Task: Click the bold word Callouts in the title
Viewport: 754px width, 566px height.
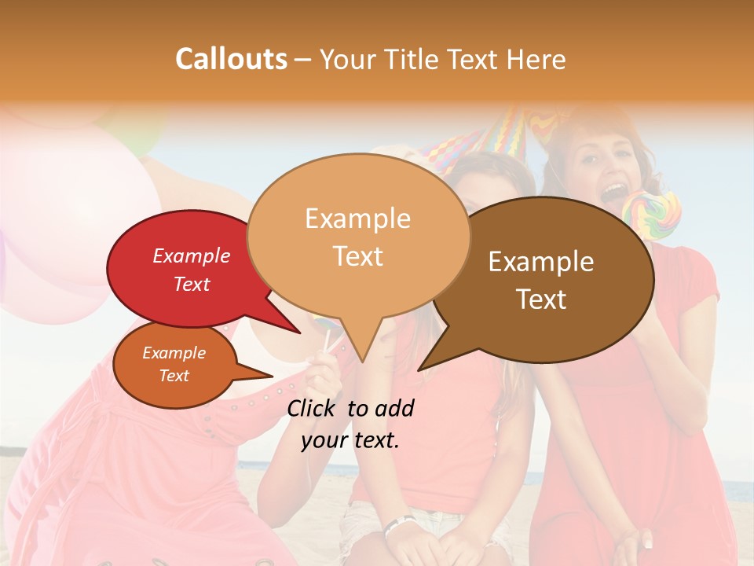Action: pos(231,59)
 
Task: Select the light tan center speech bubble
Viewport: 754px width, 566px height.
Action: pos(358,236)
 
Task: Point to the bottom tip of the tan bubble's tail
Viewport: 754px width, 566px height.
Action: pos(361,362)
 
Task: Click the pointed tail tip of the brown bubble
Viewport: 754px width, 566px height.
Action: pos(419,369)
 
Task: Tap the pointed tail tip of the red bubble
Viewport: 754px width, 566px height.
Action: pos(299,333)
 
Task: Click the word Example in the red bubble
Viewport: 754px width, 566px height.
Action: pos(192,256)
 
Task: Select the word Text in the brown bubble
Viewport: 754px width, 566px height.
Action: pos(542,300)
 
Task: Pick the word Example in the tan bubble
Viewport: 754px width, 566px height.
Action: pos(358,219)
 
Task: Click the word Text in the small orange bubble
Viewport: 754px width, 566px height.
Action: pos(174,376)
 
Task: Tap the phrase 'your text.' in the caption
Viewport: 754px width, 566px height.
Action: pos(350,440)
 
